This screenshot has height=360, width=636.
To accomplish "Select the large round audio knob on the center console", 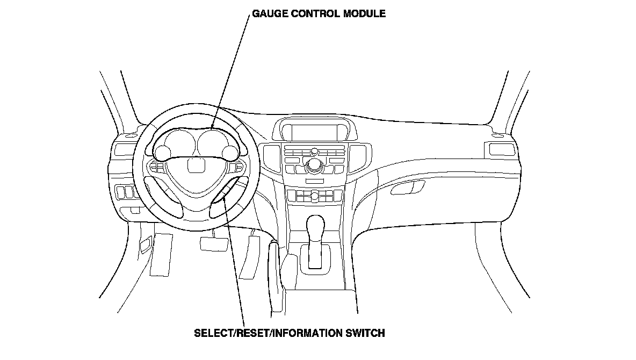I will click(313, 168).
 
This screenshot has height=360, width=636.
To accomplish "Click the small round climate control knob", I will click(314, 197).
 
